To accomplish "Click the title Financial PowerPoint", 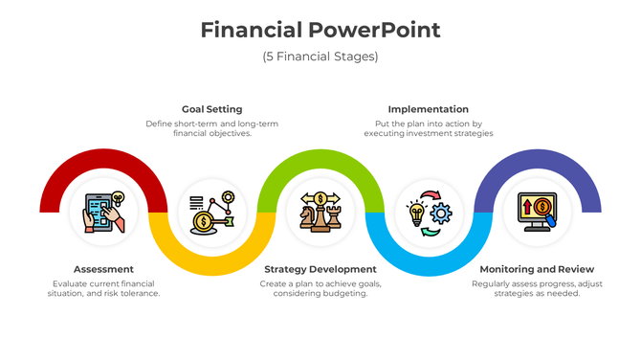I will coord(320,30).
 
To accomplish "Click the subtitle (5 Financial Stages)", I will coord(320,56).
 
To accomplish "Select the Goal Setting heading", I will coord(211,109).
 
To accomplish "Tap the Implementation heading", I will coord(428,109).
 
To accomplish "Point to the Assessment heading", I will coord(103,269).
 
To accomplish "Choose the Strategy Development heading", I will coord(320,269).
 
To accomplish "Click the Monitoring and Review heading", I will coord(537,269).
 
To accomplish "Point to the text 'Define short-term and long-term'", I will coord(211,124).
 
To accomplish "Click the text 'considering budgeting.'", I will coord(320,293).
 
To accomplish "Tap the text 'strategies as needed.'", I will coord(537,293).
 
